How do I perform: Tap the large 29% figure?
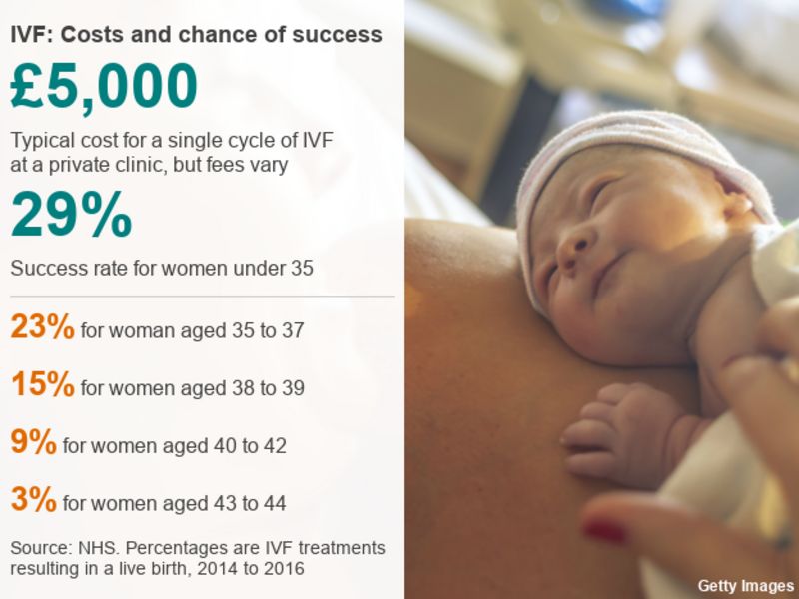tap(71, 216)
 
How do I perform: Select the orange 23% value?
tap(42, 327)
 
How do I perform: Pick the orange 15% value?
tap(42, 385)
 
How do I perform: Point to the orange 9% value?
tap(33, 442)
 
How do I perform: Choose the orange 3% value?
tap(33, 500)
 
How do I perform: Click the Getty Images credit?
tap(746, 585)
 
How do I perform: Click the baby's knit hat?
tap(639, 160)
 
